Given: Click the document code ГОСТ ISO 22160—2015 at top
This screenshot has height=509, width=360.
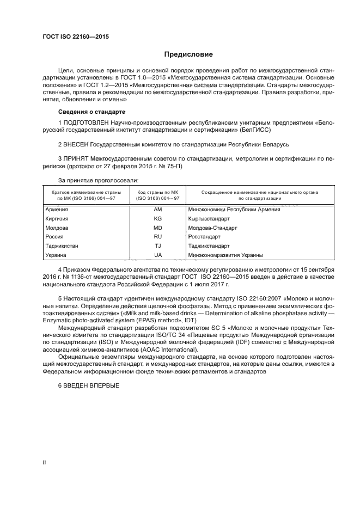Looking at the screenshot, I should click(x=76, y=37).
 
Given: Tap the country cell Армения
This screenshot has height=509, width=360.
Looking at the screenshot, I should click(x=57, y=209).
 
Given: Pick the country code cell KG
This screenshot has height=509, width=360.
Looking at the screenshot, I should click(x=158, y=218).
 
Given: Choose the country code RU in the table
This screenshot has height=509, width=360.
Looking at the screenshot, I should click(x=158, y=237).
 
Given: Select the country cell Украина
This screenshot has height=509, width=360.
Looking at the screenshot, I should click(x=56, y=255).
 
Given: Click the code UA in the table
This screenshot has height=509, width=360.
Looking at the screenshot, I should click(x=158, y=255).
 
